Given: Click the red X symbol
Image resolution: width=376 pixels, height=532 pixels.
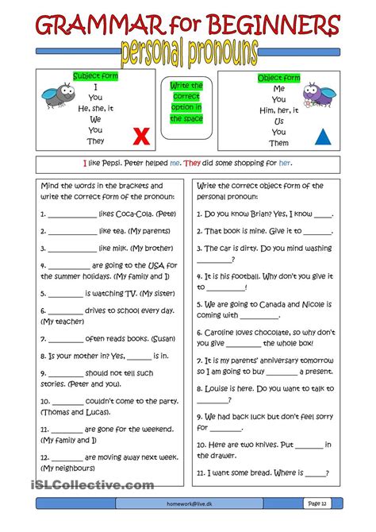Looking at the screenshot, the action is point(141,136).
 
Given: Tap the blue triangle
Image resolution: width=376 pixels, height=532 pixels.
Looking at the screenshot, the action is point(323,137).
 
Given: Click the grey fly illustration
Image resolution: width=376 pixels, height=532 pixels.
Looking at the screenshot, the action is point(59,94).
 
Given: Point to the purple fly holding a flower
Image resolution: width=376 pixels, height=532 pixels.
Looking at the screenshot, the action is point(319,95).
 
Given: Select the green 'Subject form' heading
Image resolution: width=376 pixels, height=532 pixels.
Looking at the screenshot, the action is point(96,76).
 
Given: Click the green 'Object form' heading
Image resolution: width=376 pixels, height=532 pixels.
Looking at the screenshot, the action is point(279,78).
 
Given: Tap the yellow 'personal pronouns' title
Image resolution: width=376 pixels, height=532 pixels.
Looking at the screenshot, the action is point(189,53).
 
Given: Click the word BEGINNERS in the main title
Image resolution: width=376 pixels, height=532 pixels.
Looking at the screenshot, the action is point(273,25).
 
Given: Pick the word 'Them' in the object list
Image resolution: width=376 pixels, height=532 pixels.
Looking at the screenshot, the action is point(279,143).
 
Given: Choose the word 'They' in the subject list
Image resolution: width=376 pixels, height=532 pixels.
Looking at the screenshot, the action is point(96,141).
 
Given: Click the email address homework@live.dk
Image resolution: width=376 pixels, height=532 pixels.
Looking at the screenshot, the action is point(189,504).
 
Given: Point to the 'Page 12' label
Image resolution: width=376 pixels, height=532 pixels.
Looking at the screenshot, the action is point(317,503).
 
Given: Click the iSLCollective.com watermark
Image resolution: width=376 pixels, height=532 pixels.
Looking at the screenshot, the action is point(93,485).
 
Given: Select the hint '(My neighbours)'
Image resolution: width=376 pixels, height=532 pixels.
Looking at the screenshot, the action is point(67,468).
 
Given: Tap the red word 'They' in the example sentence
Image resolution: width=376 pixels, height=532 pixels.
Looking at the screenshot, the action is point(192,164).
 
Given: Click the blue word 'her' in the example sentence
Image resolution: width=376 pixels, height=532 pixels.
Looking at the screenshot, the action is point(285,164).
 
